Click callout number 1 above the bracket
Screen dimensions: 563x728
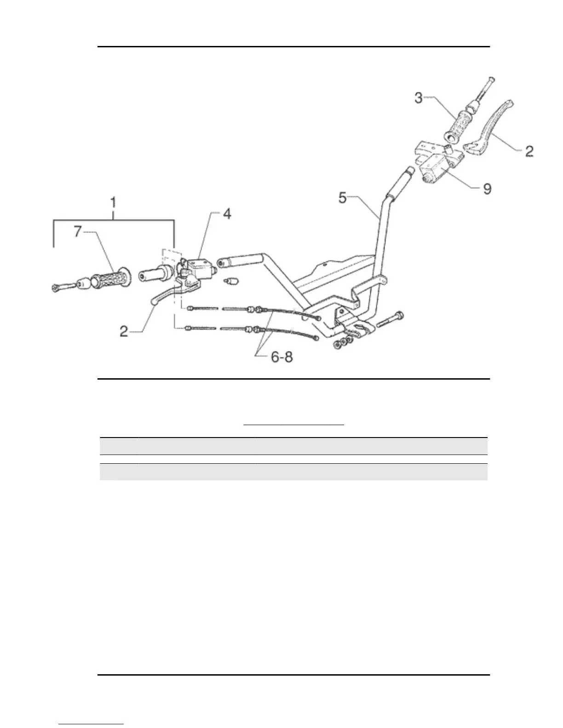tap(113, 203)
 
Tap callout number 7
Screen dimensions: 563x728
tap(78, 231)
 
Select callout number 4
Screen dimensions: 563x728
tap(227, 214)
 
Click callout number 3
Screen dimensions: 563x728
tap(418, 97)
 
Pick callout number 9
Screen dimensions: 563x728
tap(487, 188)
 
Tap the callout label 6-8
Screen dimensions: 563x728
tap(281, 357)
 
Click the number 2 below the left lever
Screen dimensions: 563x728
tap(124, 331)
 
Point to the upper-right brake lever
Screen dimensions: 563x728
tap(494, 124)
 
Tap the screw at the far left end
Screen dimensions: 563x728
tap(61, 287)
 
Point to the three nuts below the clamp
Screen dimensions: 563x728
tap(343, 342)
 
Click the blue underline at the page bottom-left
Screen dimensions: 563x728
tap(92, 724)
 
